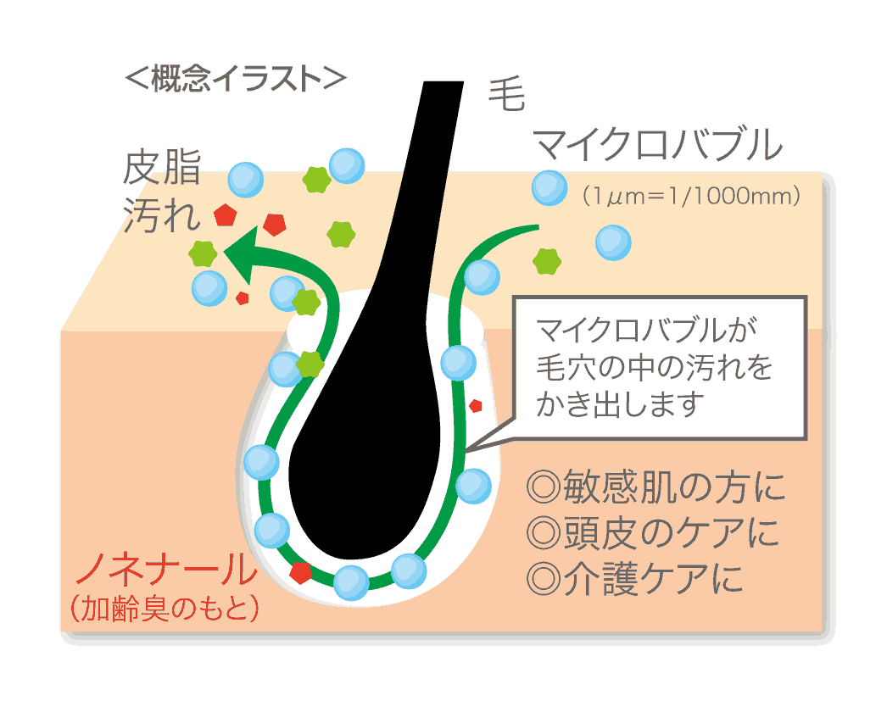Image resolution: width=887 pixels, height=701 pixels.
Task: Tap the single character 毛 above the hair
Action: click(507, 95)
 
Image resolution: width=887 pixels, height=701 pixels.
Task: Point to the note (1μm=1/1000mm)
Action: click(690, 197)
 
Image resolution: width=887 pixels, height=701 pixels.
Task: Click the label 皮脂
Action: click(162, 169)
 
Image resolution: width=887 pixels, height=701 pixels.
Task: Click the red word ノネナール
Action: click(166, 570)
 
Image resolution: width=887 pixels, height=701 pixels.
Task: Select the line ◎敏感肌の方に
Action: click(655, 487)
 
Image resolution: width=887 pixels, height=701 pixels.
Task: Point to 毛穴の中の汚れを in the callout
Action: click(655, 368)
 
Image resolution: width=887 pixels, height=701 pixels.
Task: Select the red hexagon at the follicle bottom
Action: click(300, 572)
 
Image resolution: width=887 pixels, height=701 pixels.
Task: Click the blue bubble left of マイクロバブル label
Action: click(549, 188)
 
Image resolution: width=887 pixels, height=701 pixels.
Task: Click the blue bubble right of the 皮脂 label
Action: click(246, 180)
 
